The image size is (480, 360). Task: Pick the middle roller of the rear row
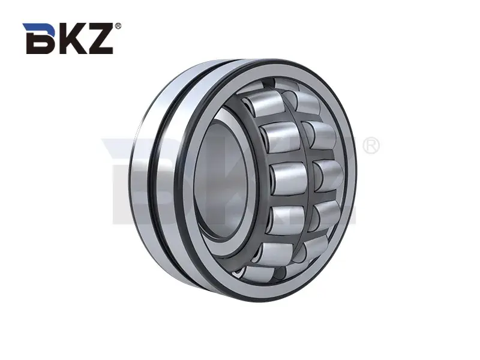(329, 176)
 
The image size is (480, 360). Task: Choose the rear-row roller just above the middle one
(320, 136)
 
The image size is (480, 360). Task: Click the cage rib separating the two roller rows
(310, 180)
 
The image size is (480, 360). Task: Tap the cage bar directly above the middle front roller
(286, 158)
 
